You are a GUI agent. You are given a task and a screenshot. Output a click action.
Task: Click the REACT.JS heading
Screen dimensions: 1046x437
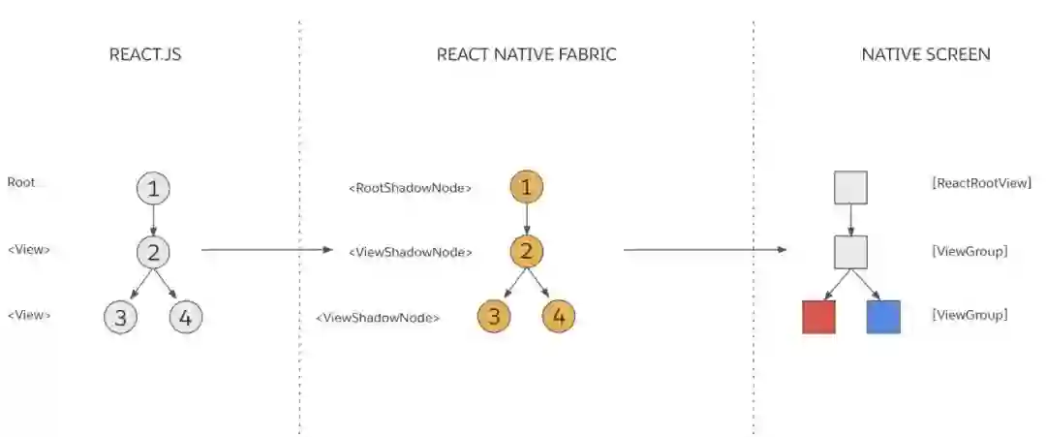tap(145, 54)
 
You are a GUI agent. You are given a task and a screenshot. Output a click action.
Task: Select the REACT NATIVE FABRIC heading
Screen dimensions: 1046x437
tap(526, 54)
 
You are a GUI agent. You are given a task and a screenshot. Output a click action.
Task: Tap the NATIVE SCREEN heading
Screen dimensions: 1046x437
tap(926, 54)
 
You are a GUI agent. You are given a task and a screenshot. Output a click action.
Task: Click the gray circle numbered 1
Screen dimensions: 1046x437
tap(153, 188)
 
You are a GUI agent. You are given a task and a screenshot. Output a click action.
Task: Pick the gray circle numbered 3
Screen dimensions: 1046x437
tap(120, 317)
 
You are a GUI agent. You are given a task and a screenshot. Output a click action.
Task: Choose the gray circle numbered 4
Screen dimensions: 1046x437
tap(186, 317)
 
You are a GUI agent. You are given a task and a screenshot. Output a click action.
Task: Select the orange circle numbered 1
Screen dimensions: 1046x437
tap(526, 188)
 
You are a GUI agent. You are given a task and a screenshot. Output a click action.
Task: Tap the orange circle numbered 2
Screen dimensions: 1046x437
tap(526, 252)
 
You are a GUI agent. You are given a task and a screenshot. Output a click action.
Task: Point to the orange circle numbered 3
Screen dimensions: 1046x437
tap(494, 317)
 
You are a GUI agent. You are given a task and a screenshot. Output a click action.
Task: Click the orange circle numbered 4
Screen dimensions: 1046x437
tap(559, 317)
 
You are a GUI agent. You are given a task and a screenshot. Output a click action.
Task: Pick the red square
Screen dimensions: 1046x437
tap(818, 317)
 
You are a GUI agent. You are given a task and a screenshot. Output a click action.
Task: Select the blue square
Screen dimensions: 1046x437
tap(883, 317)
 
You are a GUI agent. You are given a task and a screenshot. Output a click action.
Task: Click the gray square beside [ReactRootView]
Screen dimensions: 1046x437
tap(850, 188)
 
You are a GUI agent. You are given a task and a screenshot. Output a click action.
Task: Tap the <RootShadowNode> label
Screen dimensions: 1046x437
tap(410, 188)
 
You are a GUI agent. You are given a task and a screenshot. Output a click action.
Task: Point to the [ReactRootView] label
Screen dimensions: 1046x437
tap(981, 182)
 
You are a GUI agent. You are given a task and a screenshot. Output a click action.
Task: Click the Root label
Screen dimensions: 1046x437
tap(21, 182)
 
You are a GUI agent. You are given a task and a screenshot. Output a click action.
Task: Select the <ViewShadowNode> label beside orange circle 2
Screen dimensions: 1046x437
tap(411, 252)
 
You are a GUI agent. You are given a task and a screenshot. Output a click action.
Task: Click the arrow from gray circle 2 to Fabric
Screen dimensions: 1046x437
tap(266, 250)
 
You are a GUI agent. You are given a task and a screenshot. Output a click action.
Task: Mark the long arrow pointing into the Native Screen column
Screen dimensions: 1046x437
tap(704, 250)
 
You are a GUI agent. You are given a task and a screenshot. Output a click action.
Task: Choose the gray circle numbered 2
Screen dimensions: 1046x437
tap(153, 252)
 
